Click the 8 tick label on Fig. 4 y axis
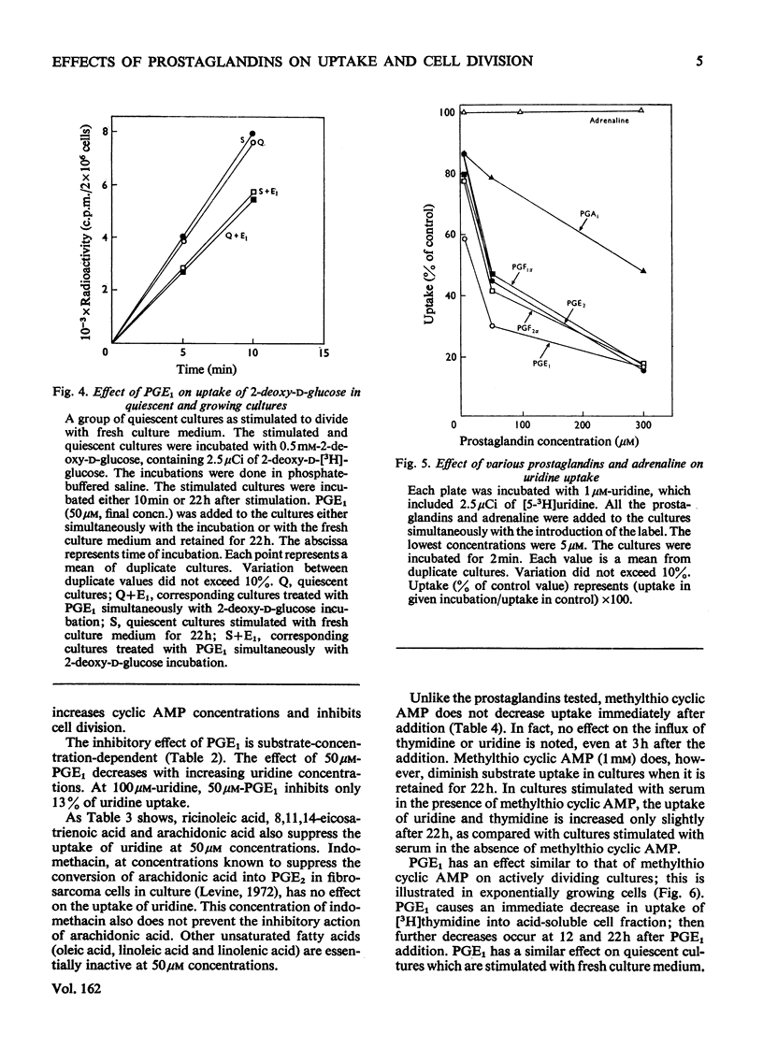[x=105, y=132]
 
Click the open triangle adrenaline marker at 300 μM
[x=641, y=110]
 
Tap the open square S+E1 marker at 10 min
[x=253, y=193]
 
